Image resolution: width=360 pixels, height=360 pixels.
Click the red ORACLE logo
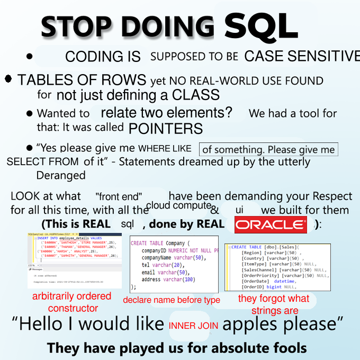pyautogui.click(x=271, y=224)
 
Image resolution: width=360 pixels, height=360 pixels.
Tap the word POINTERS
pyautogui.click(x=166, y=128)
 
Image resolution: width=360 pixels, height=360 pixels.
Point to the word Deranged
pyautogui.click(x=61, y=175)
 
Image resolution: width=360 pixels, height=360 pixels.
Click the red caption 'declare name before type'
pyautogui.click(x=172, y=300)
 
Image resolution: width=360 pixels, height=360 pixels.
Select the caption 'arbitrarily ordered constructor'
pyautogui.click(x=73, y=302)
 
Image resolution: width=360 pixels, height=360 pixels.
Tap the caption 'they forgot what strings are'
pyautogui.click(x=274, y=304)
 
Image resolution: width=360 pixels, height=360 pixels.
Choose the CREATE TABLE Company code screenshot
pyautogui.click(x=174, y=264)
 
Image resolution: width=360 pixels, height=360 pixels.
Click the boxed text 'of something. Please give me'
pyautogui.click(x=268, y=149)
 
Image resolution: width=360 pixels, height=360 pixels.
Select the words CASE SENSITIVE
pyautogui.click(x=302, y=56)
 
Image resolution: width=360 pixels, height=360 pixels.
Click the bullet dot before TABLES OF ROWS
pyautogui.click(x=8, y=79)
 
